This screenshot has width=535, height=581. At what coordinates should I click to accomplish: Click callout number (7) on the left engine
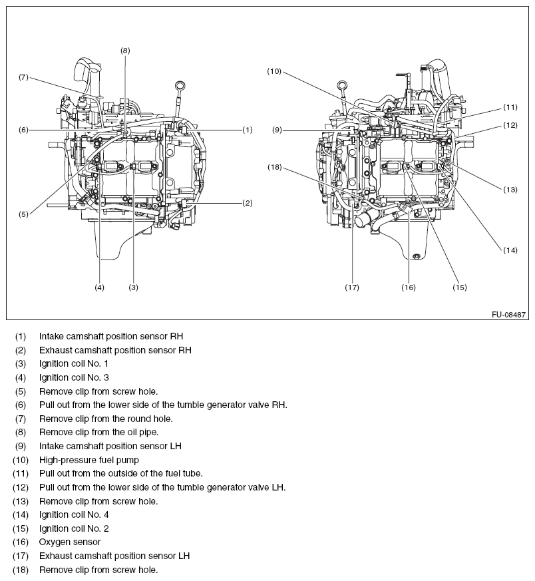(23, 77)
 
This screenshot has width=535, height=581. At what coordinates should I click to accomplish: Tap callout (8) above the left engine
(125, 50)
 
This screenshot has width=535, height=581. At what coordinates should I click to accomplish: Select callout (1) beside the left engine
(247, 130)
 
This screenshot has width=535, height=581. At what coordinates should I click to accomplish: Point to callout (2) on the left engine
(247, 202)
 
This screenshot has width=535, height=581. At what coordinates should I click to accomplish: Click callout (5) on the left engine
(23, 214)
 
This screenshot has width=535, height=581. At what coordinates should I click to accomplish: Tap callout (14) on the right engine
(510, 250)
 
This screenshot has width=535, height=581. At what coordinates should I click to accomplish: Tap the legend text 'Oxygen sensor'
(70, 542)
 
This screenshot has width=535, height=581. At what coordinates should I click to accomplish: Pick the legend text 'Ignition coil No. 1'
(73, 363)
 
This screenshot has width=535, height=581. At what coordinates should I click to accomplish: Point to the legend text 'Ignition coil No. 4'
(73, 515)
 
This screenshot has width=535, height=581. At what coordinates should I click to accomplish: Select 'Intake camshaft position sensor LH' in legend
(110, 446)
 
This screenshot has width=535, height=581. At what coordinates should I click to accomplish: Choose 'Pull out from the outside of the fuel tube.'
(120, 473)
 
